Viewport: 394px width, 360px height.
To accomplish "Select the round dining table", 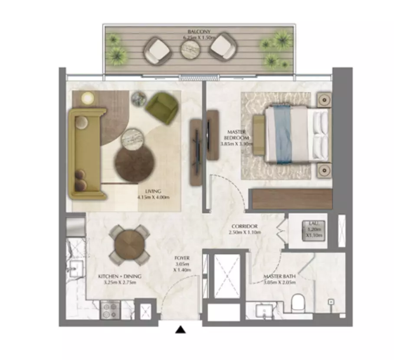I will coord(129,245).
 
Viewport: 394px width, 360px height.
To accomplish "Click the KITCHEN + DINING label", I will coord(120,279).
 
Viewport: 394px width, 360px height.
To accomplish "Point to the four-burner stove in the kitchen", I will coord(110,310).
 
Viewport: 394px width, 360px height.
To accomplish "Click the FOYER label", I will coord(183,264).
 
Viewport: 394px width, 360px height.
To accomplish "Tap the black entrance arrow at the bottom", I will coord(181,330).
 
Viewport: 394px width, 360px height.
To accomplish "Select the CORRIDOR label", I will coord(245,229).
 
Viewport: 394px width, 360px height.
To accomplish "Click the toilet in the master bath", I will coord(298,302).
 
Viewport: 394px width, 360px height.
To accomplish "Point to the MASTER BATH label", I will coord(279,279).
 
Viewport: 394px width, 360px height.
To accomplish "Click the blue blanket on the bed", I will coord(282,134).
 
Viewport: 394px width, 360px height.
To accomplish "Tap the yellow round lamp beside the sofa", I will coord(88,98).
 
